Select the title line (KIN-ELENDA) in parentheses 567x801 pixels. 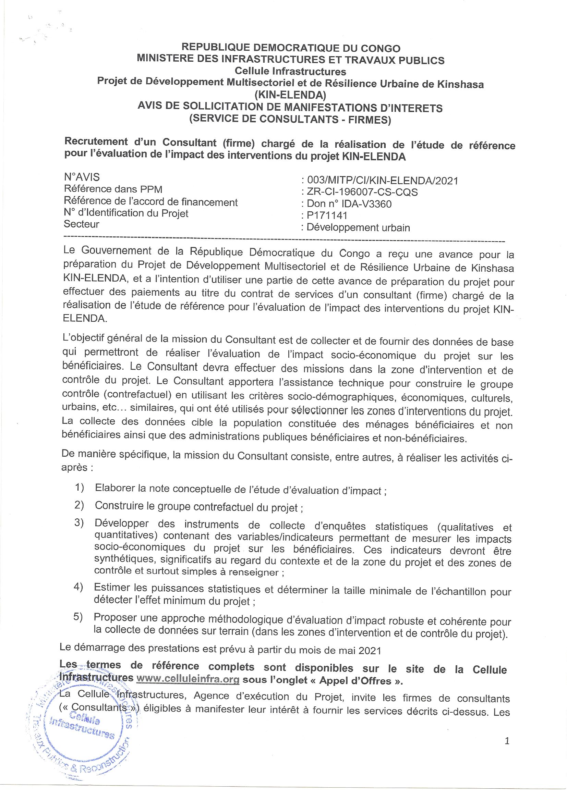point(290,95)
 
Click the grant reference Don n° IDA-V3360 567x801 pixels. point(349,204)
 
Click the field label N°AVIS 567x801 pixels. point(82,177)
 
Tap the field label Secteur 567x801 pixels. point(81,224)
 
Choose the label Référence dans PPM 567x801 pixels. point(113,189)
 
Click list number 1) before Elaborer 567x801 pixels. point(79,488)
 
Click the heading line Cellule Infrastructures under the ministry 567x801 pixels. point(290,72)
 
